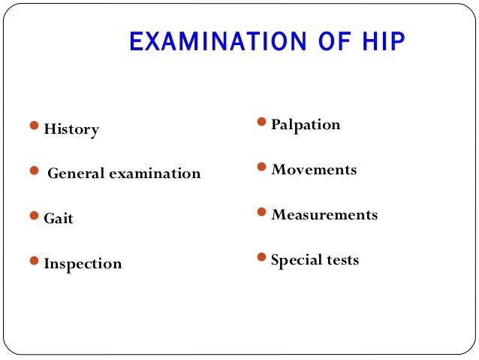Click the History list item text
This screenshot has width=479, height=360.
point(71,129)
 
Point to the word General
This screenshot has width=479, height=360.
point(77,174)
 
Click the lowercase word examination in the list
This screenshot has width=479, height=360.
point(155,174)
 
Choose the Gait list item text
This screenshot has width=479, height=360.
point(59,219)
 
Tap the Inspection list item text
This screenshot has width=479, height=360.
point(83,265)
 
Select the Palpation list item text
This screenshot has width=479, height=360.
point(306,125)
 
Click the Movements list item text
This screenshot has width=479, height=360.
point(314,170)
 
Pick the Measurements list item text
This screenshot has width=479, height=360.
point(324,215)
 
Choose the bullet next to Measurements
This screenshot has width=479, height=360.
point(261,212)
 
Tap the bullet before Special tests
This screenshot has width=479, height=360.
point(261,257)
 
